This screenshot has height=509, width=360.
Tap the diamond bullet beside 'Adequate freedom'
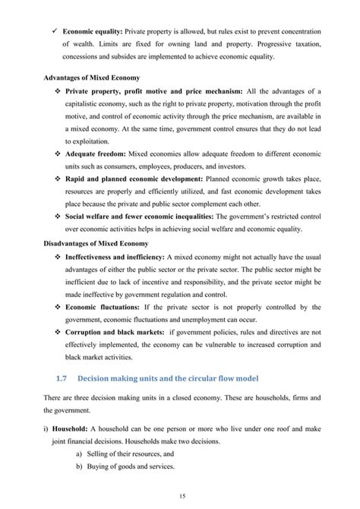point(57,153)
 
